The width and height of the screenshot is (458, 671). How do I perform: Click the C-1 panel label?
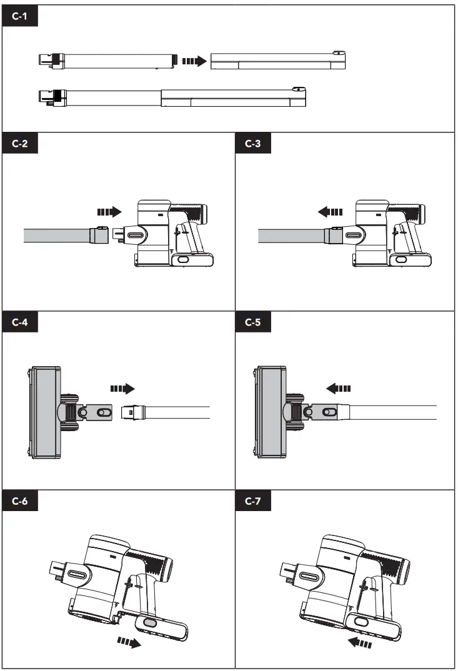20,16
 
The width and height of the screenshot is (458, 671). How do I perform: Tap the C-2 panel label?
20,143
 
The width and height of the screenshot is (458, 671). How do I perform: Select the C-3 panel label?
253,143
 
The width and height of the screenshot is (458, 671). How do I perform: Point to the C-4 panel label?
20,322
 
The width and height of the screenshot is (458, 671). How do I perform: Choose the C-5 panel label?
253,322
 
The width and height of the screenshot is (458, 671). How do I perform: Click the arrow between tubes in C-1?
193,61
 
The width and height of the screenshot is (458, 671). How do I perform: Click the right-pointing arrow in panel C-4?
122,389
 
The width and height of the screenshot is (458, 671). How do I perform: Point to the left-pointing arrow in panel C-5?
339,389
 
